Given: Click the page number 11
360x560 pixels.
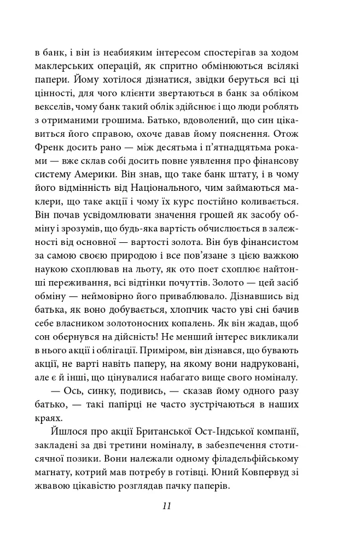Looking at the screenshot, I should click(x=167, y=506).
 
